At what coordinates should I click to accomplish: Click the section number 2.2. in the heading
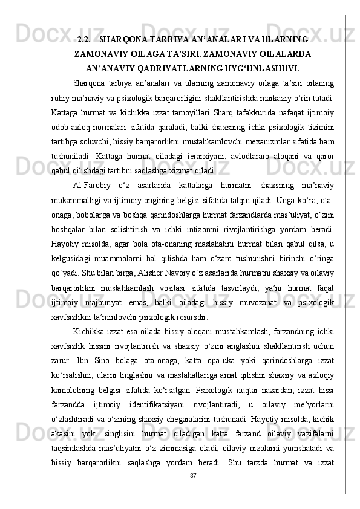85,40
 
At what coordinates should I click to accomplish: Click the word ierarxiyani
189,137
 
